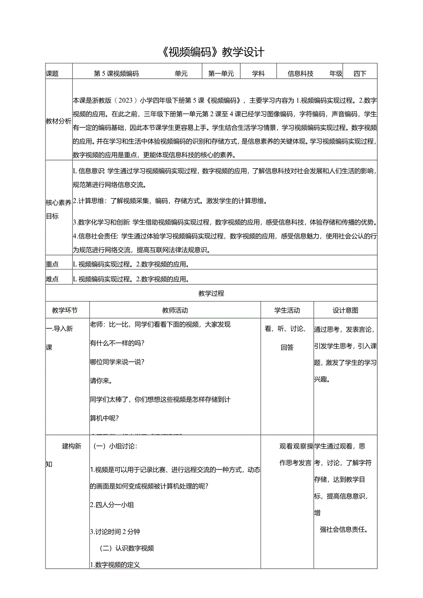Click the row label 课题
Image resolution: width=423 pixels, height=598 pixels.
tap(52, 74)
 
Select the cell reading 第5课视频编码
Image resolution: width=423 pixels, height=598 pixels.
tap(116, 74)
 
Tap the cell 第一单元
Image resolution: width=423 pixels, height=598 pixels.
tap(221, 74)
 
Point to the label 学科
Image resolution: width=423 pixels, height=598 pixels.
tap(258, 74)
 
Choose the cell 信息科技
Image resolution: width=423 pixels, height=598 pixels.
tap(300, 74)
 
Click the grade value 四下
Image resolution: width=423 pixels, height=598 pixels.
tap(360, 74)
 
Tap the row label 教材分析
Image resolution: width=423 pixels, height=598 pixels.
tap(58, 121)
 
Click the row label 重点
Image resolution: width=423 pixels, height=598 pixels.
tap(52, 264)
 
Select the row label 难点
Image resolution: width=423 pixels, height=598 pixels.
tap(52, 279)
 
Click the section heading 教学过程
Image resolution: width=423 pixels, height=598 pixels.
tap(211, 293)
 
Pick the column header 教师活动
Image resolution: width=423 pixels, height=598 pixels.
tap(175, 310)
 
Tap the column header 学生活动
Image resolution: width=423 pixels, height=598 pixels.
tap(287, 310)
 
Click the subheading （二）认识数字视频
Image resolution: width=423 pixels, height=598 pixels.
tap(127, 548)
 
